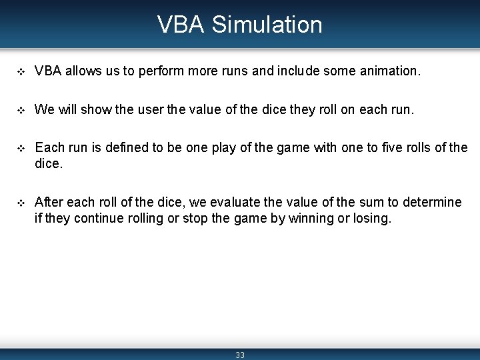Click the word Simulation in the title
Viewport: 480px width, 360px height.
pyautogui.click(x=267, y=25)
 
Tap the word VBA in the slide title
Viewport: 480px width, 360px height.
pyautogui.click(x=182, y=25)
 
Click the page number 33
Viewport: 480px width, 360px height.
pyautogui.click(x=240, y=355)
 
